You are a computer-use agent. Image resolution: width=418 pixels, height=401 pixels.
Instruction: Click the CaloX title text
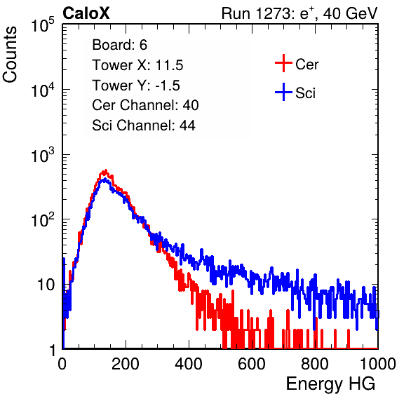[x=86, y=13]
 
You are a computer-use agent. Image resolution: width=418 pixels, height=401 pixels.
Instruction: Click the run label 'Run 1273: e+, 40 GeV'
[x=299, y=13]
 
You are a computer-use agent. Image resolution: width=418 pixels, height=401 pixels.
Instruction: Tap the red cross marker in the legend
[x=283, y=63]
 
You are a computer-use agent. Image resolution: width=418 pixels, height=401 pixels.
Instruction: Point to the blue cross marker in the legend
[x=283, y=92]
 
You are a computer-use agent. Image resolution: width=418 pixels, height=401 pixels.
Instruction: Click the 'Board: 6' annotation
[x=119, y=45]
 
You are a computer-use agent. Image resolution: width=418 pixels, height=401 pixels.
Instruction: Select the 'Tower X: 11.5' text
[x=137, y=65]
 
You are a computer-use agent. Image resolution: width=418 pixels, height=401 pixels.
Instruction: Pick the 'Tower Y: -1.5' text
[x=136, y=86]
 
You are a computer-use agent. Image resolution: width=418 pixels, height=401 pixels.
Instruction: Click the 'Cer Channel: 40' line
[x=145, y=105]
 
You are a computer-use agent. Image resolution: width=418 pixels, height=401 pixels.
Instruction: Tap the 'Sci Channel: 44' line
[x=144, y=125]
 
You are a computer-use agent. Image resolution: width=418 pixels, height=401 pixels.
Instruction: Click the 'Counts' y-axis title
[x=10, y=55]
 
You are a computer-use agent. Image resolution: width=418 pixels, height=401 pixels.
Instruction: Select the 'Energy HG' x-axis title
[x=330, y=384]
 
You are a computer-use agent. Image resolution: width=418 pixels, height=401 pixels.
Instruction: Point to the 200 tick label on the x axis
[x=126, y=364]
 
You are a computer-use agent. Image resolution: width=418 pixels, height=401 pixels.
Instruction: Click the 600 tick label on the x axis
[x=252, y=364]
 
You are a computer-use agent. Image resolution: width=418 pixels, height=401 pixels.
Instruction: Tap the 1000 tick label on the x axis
[x=378, y=364]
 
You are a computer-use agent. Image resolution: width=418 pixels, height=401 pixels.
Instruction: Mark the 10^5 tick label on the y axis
[x=43, y=25]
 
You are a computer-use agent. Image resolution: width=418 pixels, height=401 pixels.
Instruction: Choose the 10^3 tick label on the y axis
[x=43, y=155]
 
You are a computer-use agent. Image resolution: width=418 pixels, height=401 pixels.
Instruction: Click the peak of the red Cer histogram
[x=106, y=170]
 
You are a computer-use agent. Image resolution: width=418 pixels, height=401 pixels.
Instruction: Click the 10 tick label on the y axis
[x=46, y=285]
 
